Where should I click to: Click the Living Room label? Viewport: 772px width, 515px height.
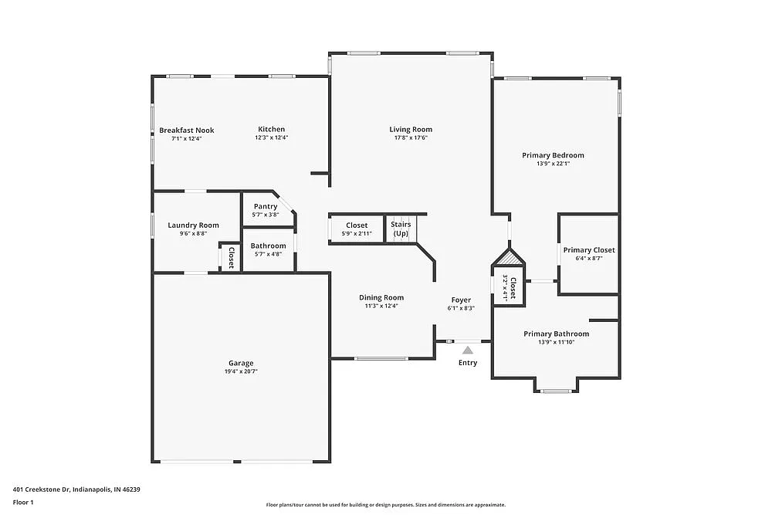tap(410, 130)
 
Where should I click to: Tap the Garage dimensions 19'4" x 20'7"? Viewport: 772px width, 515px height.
tap(240, 371)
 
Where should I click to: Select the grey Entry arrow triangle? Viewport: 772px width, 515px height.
tap(468, 350)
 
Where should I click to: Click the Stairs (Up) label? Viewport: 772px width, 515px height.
tap(401, 229)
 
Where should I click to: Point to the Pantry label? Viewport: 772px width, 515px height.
tap(266, 206)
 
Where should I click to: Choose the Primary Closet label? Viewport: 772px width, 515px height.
tap(588, 250)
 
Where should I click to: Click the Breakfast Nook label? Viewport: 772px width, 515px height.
tap(187, 130)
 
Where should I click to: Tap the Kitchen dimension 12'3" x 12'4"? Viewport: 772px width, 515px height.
tap(271, 137)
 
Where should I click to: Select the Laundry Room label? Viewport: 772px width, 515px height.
tap(193, 225)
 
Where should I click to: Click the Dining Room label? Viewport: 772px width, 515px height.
tap(381, 297)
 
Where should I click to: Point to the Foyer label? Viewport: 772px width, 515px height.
tap(461, 300)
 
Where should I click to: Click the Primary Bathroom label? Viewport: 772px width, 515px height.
tap(556, 334)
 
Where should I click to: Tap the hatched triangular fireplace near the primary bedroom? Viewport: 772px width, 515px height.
tap(509, 258)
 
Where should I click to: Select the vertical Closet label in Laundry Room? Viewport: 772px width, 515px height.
tap(230, 256)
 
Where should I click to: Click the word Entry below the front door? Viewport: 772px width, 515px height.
tap(468, 363)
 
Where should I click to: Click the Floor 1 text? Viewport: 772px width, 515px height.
tap(23, 502)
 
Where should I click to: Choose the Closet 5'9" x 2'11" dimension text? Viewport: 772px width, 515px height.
tap(357, 233)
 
